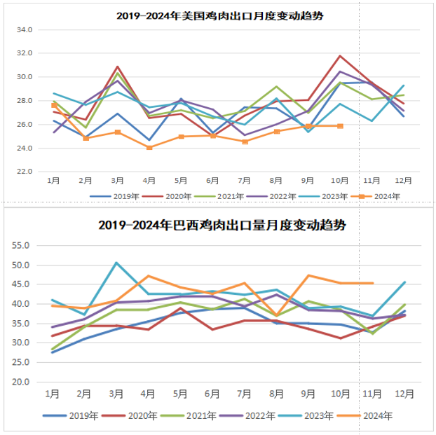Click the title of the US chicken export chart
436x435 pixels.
(224, 15)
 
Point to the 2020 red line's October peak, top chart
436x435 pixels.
(341, 56)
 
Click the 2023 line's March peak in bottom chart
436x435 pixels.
(116, 263)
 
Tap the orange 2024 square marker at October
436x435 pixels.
(341, 126)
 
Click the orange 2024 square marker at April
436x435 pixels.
(149, 147)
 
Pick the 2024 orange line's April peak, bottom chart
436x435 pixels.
(149, 276)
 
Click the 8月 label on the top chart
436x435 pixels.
(276, 181)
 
